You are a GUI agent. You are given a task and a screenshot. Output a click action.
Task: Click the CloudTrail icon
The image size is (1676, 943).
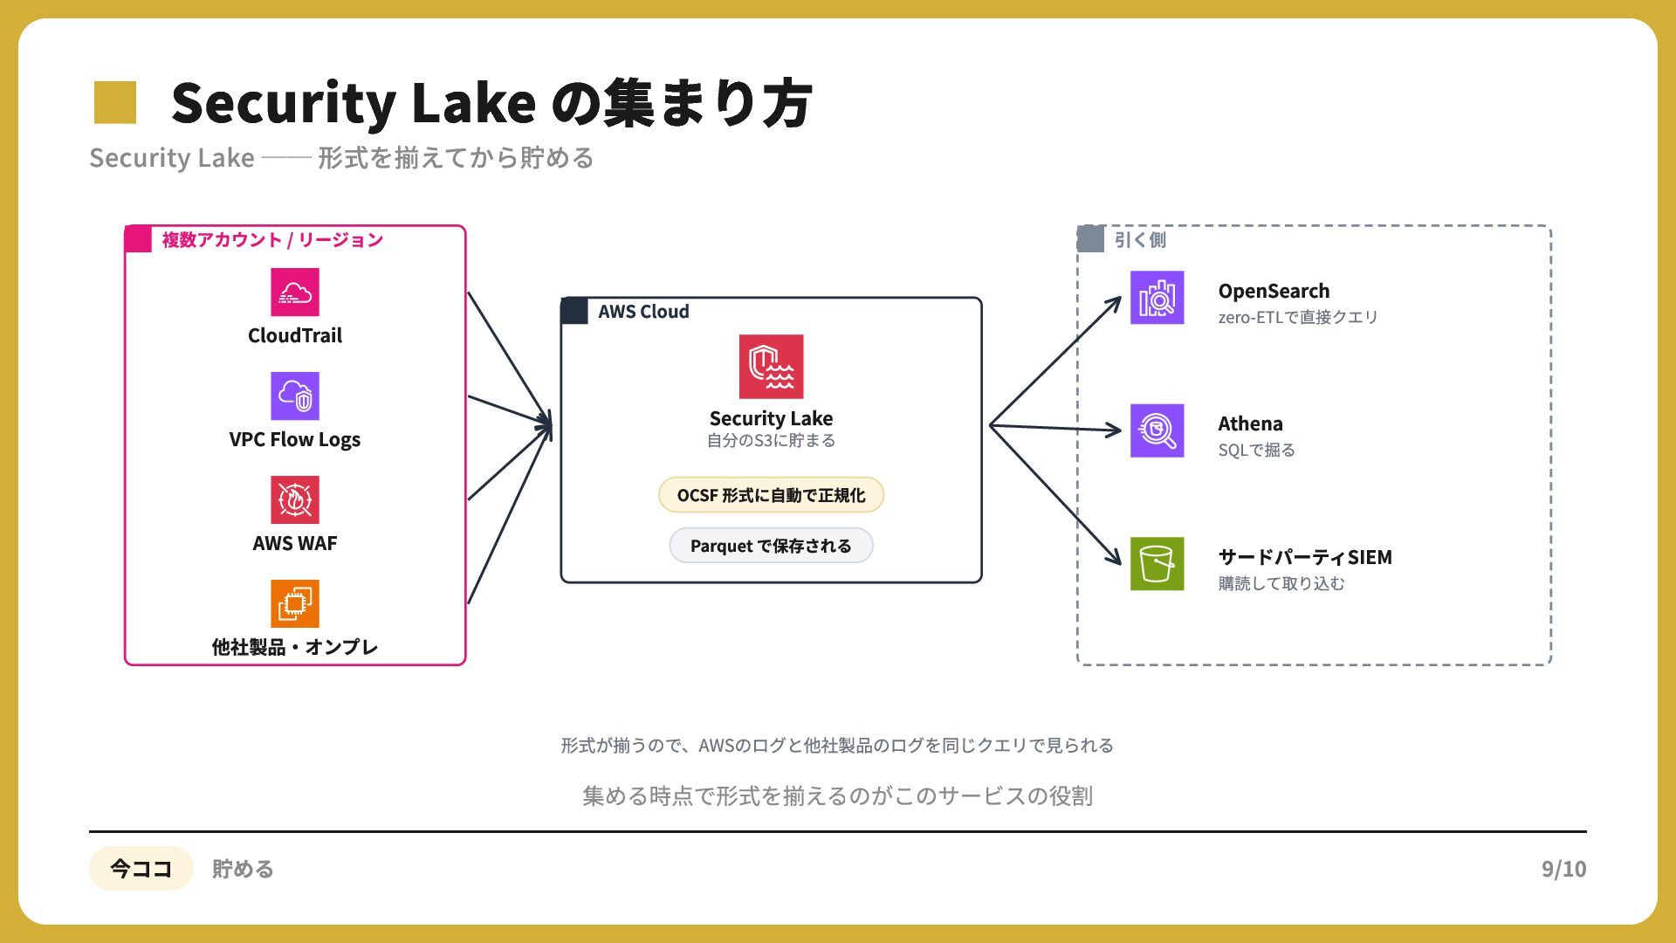point(295,292)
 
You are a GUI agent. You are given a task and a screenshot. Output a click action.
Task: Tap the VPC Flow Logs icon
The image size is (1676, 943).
point(295,396)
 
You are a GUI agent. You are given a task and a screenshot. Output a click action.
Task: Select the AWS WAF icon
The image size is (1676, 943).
point(295,499)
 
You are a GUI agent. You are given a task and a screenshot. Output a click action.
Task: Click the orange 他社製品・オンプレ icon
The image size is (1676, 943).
point(295,603)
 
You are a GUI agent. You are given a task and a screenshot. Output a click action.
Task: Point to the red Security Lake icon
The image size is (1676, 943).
point(771,367)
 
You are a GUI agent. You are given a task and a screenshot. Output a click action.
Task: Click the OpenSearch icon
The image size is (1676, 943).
point(1157,298)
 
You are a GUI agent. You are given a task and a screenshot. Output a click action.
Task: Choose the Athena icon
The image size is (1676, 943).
point(1157,430)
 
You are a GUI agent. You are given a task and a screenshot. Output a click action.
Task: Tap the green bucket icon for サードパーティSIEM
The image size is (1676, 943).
point(1157,564)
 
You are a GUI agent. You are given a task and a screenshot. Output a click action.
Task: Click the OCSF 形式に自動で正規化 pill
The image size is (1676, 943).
point(771,495)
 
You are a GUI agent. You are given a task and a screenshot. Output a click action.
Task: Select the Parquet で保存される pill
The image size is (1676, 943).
point(771,546)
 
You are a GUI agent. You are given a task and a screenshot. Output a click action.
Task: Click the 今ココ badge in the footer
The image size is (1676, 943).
point(141,869)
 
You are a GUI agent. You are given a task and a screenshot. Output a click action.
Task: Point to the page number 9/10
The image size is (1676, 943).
point(1563,869)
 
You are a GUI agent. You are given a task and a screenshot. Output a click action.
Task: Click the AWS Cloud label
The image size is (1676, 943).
point(643,312)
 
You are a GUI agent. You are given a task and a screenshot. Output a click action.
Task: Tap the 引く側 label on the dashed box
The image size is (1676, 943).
point(1140,240)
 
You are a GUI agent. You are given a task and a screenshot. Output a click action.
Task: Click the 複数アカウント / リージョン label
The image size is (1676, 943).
point(272,240)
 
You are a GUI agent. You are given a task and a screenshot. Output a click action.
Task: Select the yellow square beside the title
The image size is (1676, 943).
point(115,102)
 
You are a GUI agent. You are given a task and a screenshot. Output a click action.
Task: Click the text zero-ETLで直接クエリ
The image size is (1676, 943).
point(1298,317)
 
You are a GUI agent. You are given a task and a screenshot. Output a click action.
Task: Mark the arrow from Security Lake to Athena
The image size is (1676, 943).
point(1055,428)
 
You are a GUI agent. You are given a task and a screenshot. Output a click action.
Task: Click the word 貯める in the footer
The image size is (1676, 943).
point(243,869)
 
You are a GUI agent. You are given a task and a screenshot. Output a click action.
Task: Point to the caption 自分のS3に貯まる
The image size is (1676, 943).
point(771,441)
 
